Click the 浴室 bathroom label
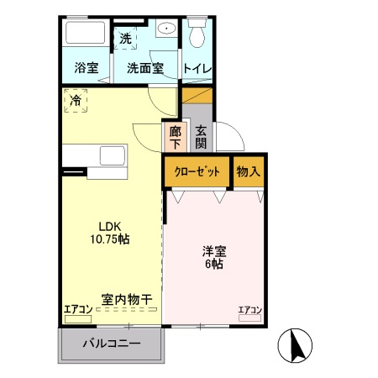point(86,68)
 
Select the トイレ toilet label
point(199,68)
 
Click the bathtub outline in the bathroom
point(84,35)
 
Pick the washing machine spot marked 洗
point(126,38)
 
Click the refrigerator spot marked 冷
point(76,101)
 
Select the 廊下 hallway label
point(175,138)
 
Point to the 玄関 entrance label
point(202,138)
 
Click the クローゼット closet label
point(197,171)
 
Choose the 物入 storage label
point(249,171)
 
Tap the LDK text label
point(110,225)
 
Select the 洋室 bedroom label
point(213,250)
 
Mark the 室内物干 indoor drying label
point(127,299)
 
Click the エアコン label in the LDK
point(78,310)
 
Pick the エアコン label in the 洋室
point(250,310)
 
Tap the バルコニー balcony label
point(110,343)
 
